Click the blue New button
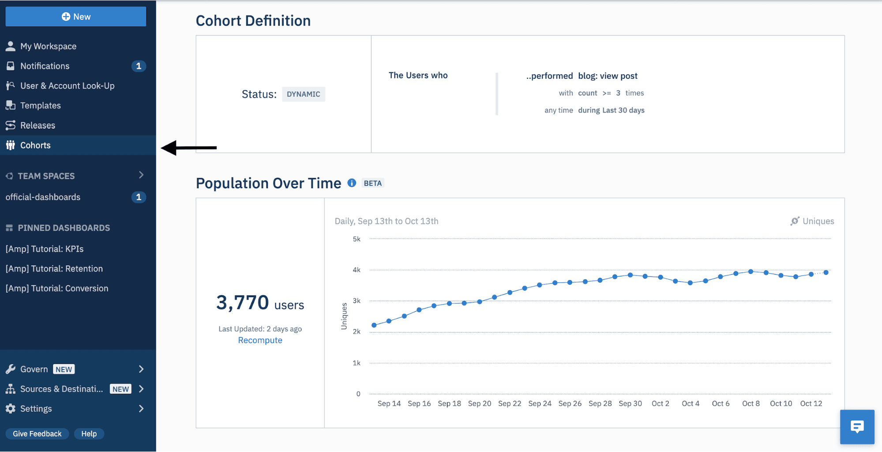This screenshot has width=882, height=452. click(x=76, y=17)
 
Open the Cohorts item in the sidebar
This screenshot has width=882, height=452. click(x=35, y=145)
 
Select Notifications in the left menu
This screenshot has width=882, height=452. click(x=45, y=66)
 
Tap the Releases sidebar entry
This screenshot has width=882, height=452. click(x=38, y=125)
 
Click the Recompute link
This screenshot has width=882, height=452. click(x=260, y=340)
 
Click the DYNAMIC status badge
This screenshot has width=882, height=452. click(x=303, y=94)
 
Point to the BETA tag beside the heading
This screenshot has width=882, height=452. click(x=372, y=183)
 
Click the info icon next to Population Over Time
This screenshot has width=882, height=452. click(x=352, y=183)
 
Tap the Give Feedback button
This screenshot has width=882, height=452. click(x=37, y=433)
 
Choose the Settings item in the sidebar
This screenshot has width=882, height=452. click(x=36, y=409)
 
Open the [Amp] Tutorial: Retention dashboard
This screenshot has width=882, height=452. click(x=54, y=269)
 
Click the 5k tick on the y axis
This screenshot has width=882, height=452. click(x=357, y=239)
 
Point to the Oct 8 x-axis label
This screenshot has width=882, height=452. click(x=751, y=403)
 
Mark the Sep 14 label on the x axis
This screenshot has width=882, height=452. click(x=389, y=403)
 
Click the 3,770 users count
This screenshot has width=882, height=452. click(x=259, y=303)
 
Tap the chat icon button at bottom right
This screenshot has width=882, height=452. click(x=857, y=426)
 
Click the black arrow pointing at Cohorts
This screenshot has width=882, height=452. click(x=189, y=148)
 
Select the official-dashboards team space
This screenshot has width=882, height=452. click(x=43, y=197)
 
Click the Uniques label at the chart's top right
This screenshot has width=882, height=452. click(x=818, y=221)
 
